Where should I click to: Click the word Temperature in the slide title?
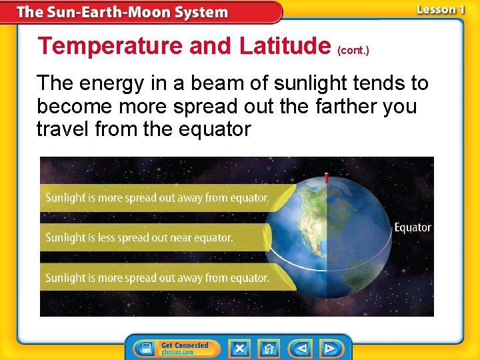110,45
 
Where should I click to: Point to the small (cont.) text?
353,50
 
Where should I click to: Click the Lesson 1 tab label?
440,9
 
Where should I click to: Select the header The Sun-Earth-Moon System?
122,12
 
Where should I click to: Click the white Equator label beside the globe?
413,227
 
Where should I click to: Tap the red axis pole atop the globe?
326,178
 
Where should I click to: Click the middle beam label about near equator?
139,237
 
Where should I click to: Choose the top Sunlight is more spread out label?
157,197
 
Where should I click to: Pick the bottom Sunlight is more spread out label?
157,277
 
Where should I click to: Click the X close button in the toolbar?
239,348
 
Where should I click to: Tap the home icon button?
269,348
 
